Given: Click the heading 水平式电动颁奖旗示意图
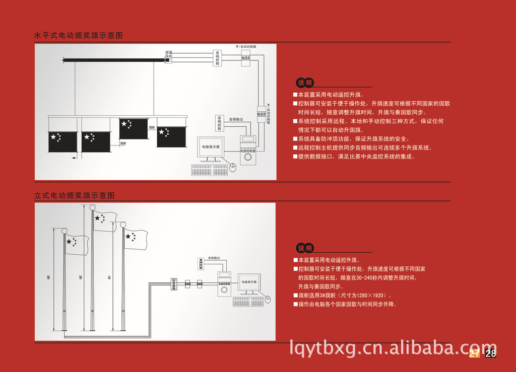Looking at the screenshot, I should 79,36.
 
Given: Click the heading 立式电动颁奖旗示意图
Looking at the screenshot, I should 75,195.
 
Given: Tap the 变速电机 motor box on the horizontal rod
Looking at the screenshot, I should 169,57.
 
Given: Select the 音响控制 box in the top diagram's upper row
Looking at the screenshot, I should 217,58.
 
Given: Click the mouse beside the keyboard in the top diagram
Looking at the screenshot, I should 233,168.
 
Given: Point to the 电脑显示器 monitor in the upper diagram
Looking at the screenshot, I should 211,147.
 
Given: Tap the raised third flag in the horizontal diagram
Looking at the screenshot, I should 133,128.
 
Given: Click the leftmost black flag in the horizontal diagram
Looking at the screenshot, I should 62,142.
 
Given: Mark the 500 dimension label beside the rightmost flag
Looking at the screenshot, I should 152,128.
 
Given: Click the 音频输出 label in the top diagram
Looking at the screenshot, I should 236,119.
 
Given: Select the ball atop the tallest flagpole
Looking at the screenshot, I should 93,207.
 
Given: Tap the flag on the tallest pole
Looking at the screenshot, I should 104,221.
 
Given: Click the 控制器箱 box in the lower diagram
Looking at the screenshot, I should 174,284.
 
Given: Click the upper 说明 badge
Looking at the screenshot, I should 305,83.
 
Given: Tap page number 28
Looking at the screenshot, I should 491,353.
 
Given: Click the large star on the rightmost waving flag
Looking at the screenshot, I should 128,236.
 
